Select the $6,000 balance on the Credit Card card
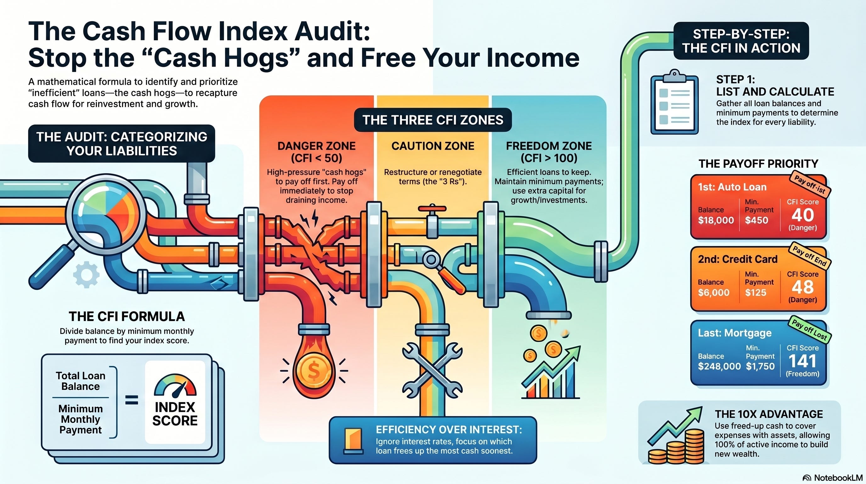point(714,292)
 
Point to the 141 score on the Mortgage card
point(802,361)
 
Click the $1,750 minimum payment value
point(760,366)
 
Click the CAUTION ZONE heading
point(433,146)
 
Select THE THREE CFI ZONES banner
point(433,120)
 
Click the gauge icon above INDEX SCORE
point(175,385)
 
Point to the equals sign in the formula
point(132,400)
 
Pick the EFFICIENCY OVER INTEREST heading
point(449,429)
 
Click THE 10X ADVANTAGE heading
point(769,414)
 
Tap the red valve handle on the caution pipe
point(432,209)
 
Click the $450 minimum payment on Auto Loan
point(756,220)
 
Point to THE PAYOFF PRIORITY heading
point(758,164)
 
